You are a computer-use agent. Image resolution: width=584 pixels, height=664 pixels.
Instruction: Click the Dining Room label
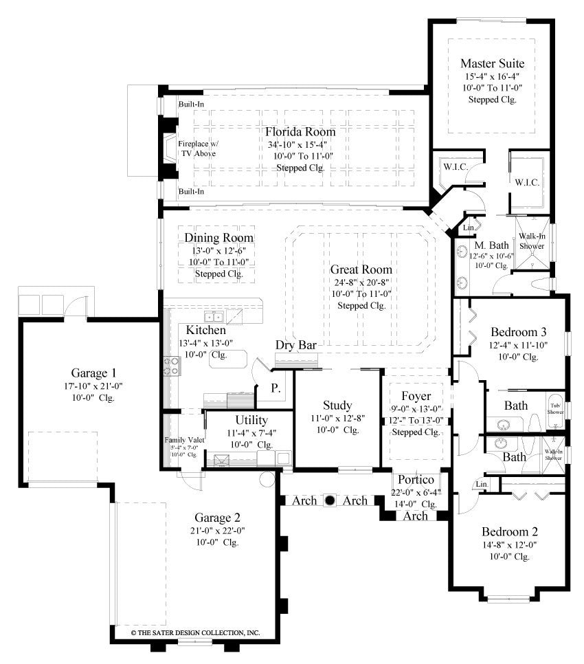pos(218,238)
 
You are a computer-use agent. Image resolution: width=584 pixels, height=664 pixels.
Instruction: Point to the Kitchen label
pos(201,330)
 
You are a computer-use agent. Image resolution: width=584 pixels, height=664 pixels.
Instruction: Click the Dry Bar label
pos(295,345)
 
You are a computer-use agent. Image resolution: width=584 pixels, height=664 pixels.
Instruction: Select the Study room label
pos(337,405)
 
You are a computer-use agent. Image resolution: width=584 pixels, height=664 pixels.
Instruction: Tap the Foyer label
pos(416,396)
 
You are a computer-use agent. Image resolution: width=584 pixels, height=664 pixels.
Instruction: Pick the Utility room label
pos(251,419)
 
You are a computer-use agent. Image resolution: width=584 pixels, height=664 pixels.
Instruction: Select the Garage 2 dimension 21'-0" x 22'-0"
pos(216,530)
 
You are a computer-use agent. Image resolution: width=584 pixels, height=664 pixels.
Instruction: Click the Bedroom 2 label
pos(509,531)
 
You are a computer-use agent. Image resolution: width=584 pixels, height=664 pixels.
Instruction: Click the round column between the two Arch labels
pos(329,500)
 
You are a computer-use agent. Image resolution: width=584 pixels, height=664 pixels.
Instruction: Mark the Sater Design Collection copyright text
pos(195,631)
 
